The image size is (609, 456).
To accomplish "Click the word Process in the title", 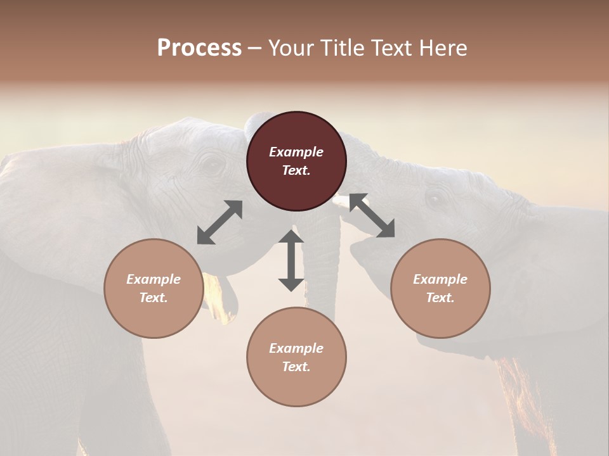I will (x=199, y=48).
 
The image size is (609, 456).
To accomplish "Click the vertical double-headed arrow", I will (x=291, y=260).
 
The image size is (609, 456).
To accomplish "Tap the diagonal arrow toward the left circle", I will (x=219, y=222).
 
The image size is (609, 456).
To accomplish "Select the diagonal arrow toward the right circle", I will (x=372, y=216).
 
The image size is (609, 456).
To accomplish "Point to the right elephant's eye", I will (x=435, y=199).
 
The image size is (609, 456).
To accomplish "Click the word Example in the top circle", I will (x=296, y=152).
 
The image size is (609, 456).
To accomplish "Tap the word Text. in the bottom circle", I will (x=296, y=367).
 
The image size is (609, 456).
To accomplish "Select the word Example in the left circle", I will (x=154, y=279).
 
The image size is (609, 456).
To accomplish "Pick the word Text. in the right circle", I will (x=440, y=298).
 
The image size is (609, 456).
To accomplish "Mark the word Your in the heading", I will (x=288, y=48).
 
